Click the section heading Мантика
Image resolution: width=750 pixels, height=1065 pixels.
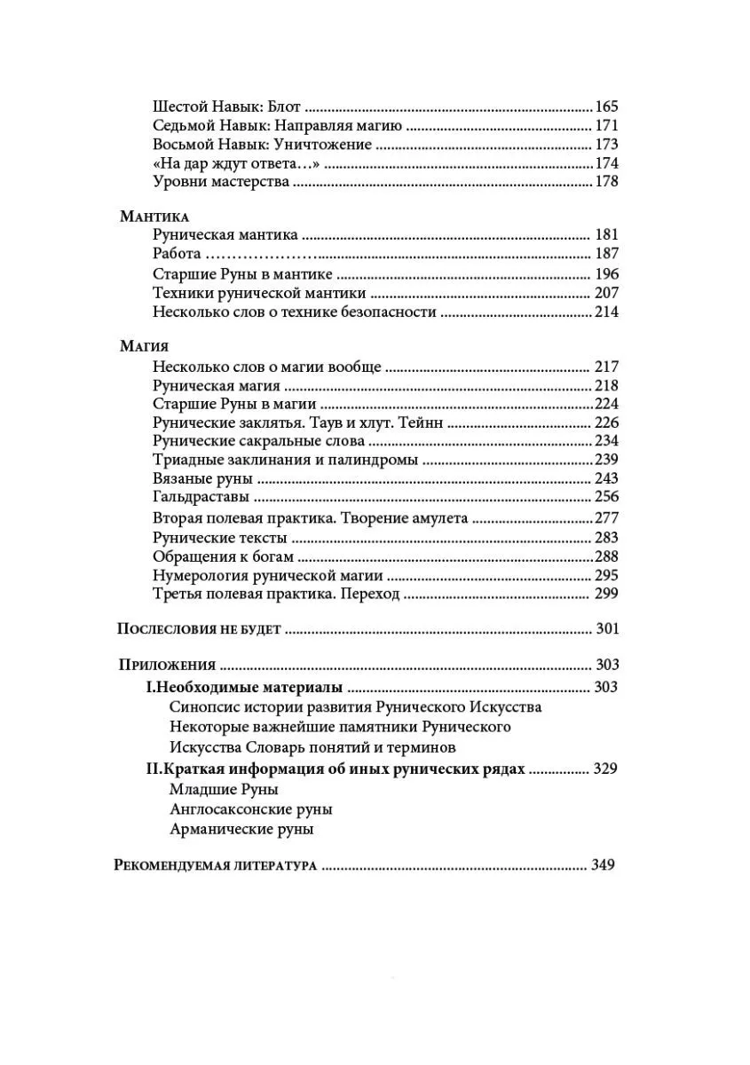tap(154, 216)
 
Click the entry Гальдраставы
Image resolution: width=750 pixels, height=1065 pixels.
tap(200, 497)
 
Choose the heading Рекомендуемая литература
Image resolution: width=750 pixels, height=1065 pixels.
tap(217, 865)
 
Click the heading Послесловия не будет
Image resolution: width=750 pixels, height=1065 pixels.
tap(199, 629)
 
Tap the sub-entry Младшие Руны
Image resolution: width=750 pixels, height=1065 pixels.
tap(223, 789)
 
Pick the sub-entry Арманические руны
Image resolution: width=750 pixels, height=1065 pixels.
tap(241, 830)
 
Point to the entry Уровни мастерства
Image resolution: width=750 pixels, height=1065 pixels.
tap(221, 182)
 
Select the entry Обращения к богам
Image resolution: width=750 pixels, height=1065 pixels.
tap(223, 557)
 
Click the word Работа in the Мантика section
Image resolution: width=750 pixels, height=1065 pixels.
tap(177, 255)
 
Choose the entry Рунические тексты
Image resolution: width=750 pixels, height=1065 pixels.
tap(219, 538)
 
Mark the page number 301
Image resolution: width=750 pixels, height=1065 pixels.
tap(606, 629)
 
